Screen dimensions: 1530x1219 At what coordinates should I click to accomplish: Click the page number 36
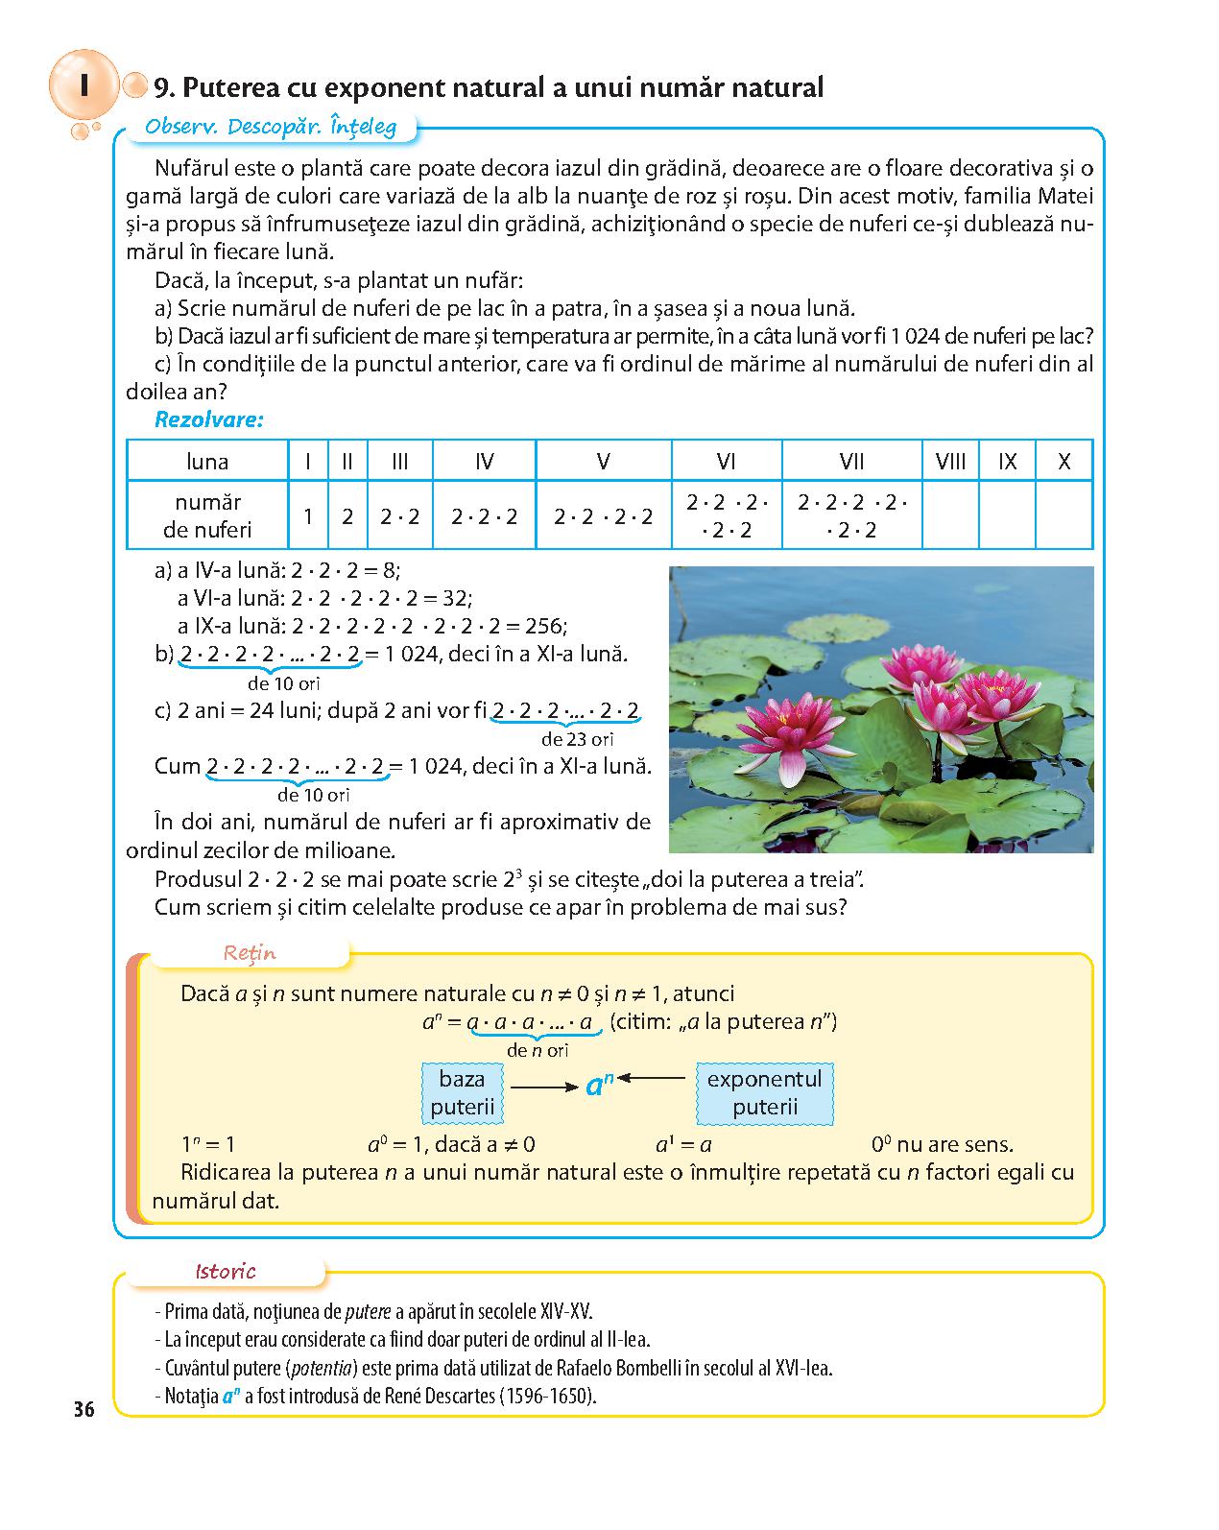pyautogui.click(x=84, y=1409)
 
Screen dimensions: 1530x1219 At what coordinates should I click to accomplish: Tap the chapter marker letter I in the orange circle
pyautogui.click(x=84, y=85)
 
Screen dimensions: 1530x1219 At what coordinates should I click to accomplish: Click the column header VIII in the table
pyautogui.click(x=950, y=462)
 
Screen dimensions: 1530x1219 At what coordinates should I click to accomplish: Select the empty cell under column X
pyautogui.click(x=1064, y=515)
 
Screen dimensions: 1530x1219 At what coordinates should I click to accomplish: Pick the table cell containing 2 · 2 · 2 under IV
pyautogui.click(x=485, y=516)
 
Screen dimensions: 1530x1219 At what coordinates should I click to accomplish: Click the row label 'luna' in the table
pyautogui.click(x=207, y=462)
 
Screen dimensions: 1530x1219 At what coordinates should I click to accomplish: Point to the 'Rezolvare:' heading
pyautogui.click(x=209, y=419)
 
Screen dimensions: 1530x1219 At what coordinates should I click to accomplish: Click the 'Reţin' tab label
pyautogui.click(x=250, y=953)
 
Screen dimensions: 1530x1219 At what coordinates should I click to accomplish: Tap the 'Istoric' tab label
pyautogui.click(x=226, y=1272)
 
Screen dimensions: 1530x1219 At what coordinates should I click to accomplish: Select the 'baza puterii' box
pyautogui.click(x=462, y=1092)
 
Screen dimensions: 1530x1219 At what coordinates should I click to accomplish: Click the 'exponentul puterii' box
pyautogui.click(x=764, y=1092)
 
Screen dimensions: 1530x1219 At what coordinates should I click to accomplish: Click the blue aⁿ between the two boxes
pyautogui.click(x=599, y=1086)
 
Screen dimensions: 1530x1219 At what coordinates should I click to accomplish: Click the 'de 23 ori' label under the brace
pyautogui.click(x=577, y=739)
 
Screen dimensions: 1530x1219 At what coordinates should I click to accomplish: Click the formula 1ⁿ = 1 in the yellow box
pyautogui.click(x=208, y=1144)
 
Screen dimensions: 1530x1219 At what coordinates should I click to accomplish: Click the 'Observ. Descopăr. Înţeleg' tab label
pyautogui.click(x=270, y=127)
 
